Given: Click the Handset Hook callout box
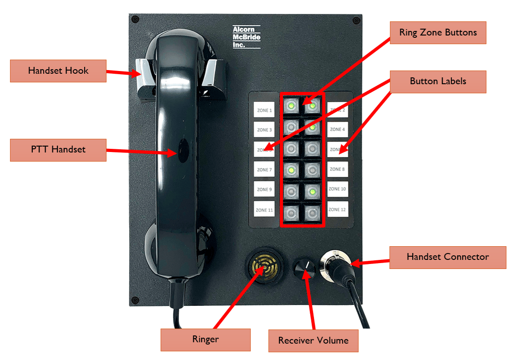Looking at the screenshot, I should tap(58, 71).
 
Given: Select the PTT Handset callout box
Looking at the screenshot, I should tap(58, 149).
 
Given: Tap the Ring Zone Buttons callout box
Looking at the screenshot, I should tap(438, 32).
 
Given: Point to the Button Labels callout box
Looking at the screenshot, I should tap(438, 81).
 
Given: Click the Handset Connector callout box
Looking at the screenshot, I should tap(448, 257).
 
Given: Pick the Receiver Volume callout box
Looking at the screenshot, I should tap(313, 340).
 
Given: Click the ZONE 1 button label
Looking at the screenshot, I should tap(264, 110).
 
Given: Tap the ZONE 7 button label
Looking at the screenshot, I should tap(264, 170).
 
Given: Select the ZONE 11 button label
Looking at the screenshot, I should tap(264, 210).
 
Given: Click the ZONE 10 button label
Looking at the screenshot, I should tap(338, 189).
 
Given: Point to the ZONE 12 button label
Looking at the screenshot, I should tap(338, 209).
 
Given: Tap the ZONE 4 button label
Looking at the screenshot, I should tap(338, 129).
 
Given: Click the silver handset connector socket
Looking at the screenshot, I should tap(335, 264).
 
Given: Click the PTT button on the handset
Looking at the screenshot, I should tap(183, 149).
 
